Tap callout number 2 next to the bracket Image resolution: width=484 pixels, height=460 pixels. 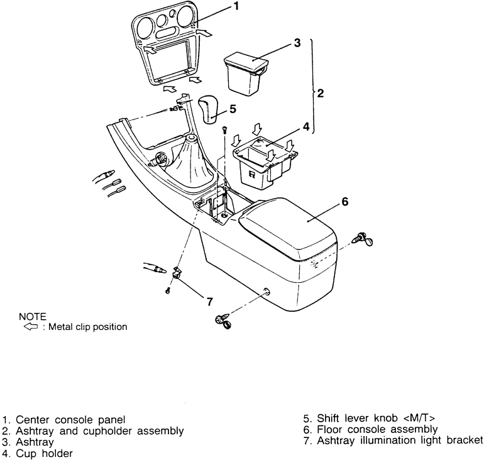point(321,94)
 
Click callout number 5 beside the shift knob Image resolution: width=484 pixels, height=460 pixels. point(232,109)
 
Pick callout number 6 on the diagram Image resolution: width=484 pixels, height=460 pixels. point(344,202)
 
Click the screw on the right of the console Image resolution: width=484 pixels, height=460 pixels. point(364,239)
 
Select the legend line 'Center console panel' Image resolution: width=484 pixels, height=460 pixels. point(70,419)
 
